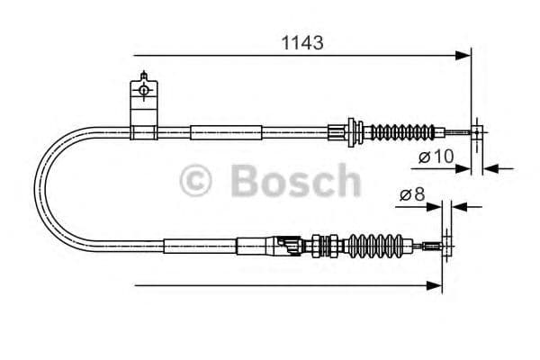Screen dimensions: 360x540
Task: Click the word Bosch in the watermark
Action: click(295, 180)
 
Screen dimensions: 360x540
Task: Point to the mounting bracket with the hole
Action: click(142, 103)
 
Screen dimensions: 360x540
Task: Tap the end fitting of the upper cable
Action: click(474, 133)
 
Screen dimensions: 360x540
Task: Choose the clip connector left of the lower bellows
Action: click(291, 244)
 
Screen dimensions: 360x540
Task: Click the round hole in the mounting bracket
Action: click(142, 89)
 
